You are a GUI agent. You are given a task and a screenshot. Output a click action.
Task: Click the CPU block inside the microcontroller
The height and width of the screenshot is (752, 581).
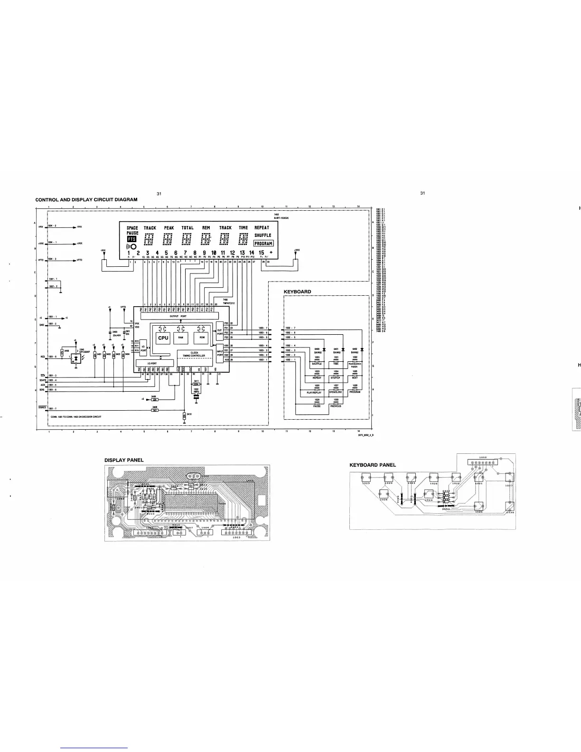(x=163, y=338)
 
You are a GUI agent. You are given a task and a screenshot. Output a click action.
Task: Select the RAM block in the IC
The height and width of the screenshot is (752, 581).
(x=181, y=338)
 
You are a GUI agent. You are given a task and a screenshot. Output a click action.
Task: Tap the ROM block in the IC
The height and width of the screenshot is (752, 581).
(x=202, y=338)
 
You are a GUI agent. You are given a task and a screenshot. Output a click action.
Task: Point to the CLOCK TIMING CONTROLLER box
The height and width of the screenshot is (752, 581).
(x=194, y=354)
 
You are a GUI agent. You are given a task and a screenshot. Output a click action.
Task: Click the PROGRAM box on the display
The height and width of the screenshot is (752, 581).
(x=263, y=243)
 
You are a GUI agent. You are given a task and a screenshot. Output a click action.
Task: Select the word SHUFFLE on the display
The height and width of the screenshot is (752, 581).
(x=262, y=235)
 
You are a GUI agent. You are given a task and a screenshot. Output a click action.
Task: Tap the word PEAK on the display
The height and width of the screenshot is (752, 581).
(x=169, y=228)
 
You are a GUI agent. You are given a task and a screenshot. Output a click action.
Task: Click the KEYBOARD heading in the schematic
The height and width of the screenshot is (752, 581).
(x=297, y=291)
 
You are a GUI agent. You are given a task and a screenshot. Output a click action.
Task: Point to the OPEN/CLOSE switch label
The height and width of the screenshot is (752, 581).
(x=336, y=392)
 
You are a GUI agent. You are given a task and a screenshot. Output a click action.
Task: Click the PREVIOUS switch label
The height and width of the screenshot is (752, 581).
(x=336, y=406)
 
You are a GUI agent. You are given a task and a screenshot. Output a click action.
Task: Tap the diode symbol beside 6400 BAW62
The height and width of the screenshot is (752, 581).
(x=323, y=348)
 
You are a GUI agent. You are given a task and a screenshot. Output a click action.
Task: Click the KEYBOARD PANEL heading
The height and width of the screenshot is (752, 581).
(x=373, y=465)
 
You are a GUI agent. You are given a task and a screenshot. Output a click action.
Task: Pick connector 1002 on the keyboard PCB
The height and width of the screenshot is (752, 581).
(x=482, y=462)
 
